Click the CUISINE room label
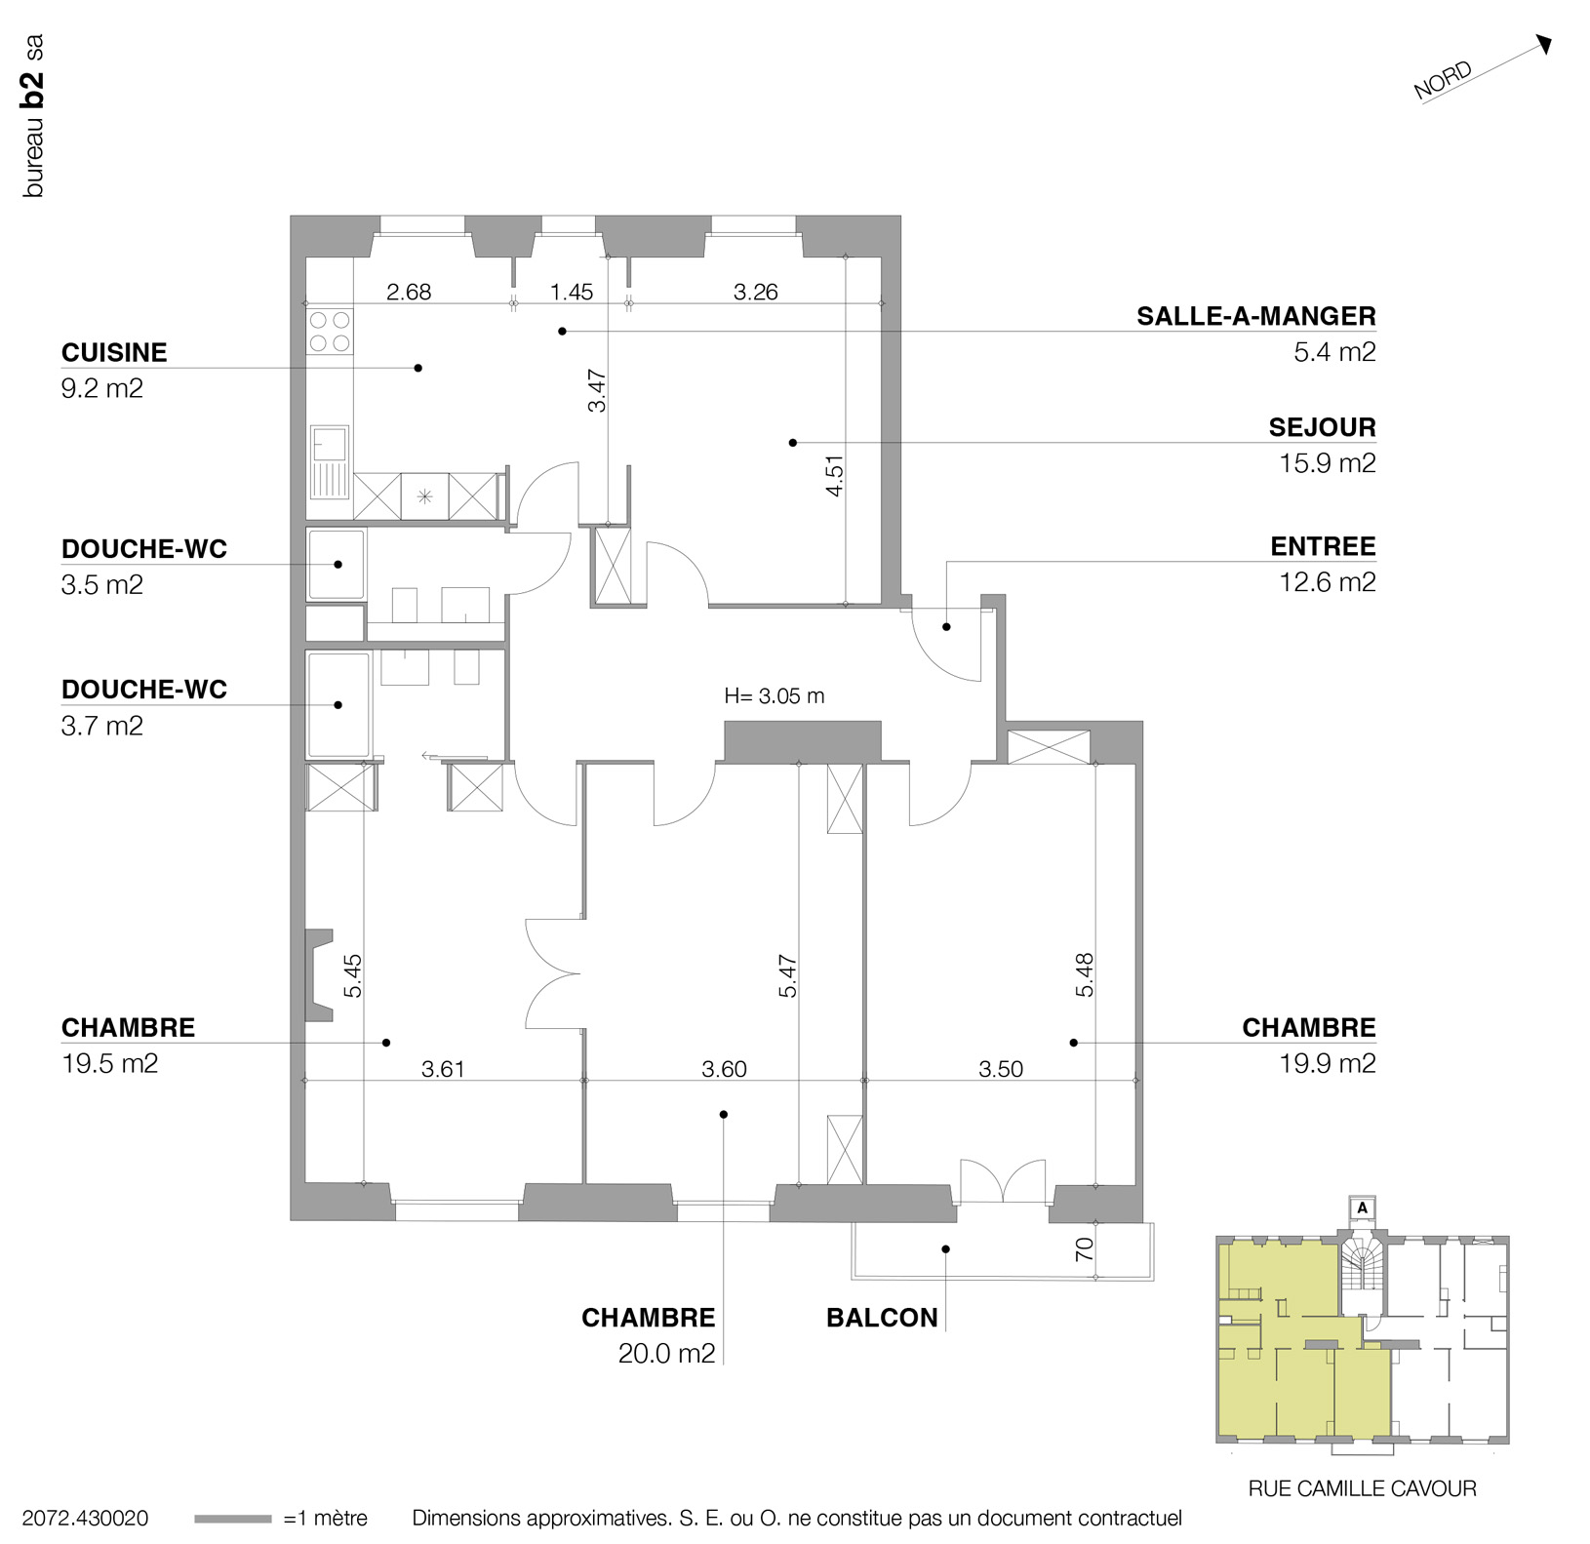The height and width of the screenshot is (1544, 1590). click(114, 352)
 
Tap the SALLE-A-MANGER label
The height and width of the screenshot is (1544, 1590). click(1255, 316)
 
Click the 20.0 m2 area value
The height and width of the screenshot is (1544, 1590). click(666, 1354)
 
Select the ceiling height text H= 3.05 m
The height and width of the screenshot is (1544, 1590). click(774, 696)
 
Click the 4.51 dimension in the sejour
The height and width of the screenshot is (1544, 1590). click(834, 477)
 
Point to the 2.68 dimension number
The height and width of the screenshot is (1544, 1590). click(408, 292)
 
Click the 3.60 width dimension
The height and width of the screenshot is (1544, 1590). click(724, 1069)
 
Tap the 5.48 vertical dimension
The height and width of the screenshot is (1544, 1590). click(1085, 974)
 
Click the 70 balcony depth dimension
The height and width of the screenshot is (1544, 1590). click(1084, 1249)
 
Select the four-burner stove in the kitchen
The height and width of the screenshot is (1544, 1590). click(330, 331)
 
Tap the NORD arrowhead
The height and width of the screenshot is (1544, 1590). click(1544, 44)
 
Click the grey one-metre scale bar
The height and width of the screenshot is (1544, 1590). click(232, 1519)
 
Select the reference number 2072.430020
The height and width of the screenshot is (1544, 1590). click(85, 1519)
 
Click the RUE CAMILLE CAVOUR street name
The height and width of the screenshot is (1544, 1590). click(1362, 1488)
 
